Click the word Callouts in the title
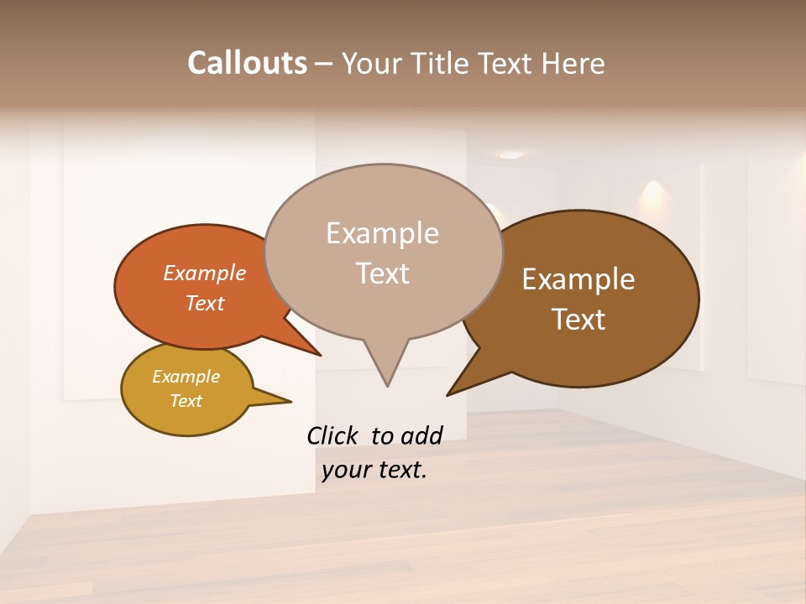247,63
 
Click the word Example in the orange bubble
205,273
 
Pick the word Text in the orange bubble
205,303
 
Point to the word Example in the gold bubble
186,377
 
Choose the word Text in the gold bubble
186,401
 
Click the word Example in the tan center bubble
382,233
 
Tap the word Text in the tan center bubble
382,273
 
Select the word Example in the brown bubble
578,279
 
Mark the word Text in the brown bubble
578,320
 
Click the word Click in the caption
332,435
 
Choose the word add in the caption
421,435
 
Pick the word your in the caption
345,470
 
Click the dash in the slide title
324,63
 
